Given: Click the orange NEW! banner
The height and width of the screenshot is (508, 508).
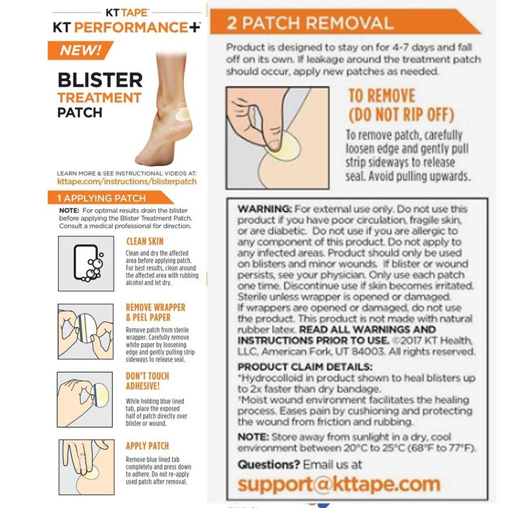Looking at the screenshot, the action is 80,50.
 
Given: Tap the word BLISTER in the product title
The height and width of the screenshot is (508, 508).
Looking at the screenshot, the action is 100,80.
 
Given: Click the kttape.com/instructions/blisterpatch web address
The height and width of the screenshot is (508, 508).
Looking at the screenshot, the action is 126,181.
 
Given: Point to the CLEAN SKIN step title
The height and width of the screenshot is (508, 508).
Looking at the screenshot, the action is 145,241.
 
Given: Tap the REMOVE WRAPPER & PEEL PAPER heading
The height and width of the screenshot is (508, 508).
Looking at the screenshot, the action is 155,312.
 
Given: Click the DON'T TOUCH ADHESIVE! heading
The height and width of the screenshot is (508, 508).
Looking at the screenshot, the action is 147,381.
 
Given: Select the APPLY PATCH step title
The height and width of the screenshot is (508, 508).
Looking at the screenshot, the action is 147,446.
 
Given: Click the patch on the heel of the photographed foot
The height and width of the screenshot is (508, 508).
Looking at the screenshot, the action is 182,114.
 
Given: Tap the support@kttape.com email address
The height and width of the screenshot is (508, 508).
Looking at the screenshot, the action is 339,484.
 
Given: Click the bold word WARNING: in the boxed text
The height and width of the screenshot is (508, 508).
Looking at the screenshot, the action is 264,209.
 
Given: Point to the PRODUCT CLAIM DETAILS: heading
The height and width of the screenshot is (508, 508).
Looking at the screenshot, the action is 305,367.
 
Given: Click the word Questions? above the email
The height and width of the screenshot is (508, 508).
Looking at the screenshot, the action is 269,465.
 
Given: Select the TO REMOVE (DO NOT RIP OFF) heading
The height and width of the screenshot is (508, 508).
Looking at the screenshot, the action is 401,105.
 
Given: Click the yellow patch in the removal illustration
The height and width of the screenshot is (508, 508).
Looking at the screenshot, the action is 285,147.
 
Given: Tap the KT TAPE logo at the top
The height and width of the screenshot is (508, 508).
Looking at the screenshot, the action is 127,13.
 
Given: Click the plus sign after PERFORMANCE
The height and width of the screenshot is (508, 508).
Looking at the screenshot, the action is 195,27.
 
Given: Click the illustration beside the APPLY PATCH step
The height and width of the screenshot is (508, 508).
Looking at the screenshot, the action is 86,467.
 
